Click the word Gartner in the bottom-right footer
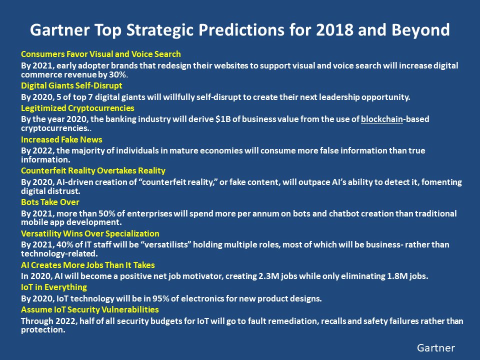click(x=436, y=347)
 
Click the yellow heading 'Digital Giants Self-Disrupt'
click(x=71, y=85)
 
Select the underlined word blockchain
click(x=382, y=119)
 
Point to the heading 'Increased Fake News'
click(x=61, y=139)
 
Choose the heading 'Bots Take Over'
click(x=50, y=202)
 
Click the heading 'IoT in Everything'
click(x=54, y=287)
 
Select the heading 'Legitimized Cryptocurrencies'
click(x=77, y=108)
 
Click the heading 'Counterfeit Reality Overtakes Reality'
click(x=93, y=171)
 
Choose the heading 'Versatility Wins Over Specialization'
click(x=90, y=233)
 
